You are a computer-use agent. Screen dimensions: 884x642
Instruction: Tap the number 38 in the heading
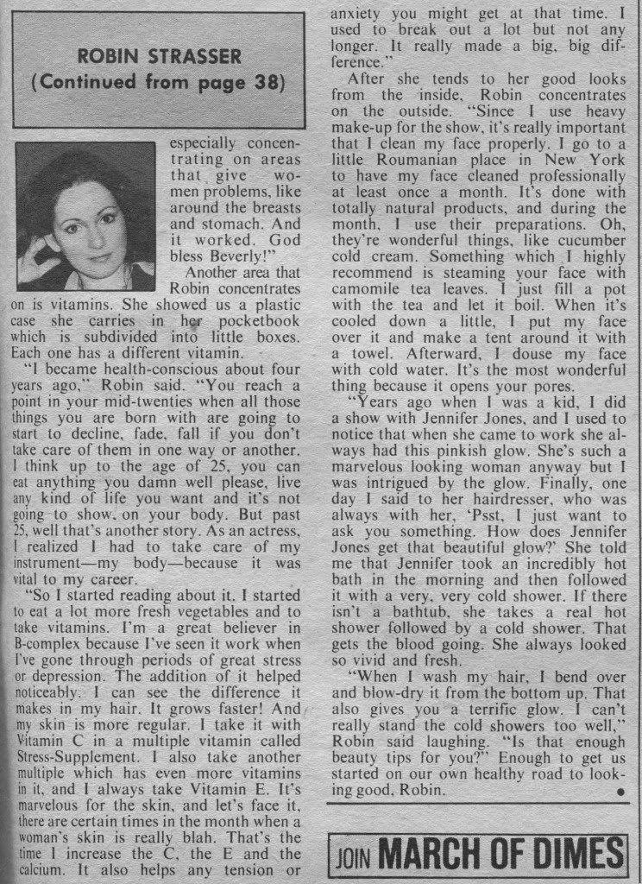[x=263, y=85]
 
